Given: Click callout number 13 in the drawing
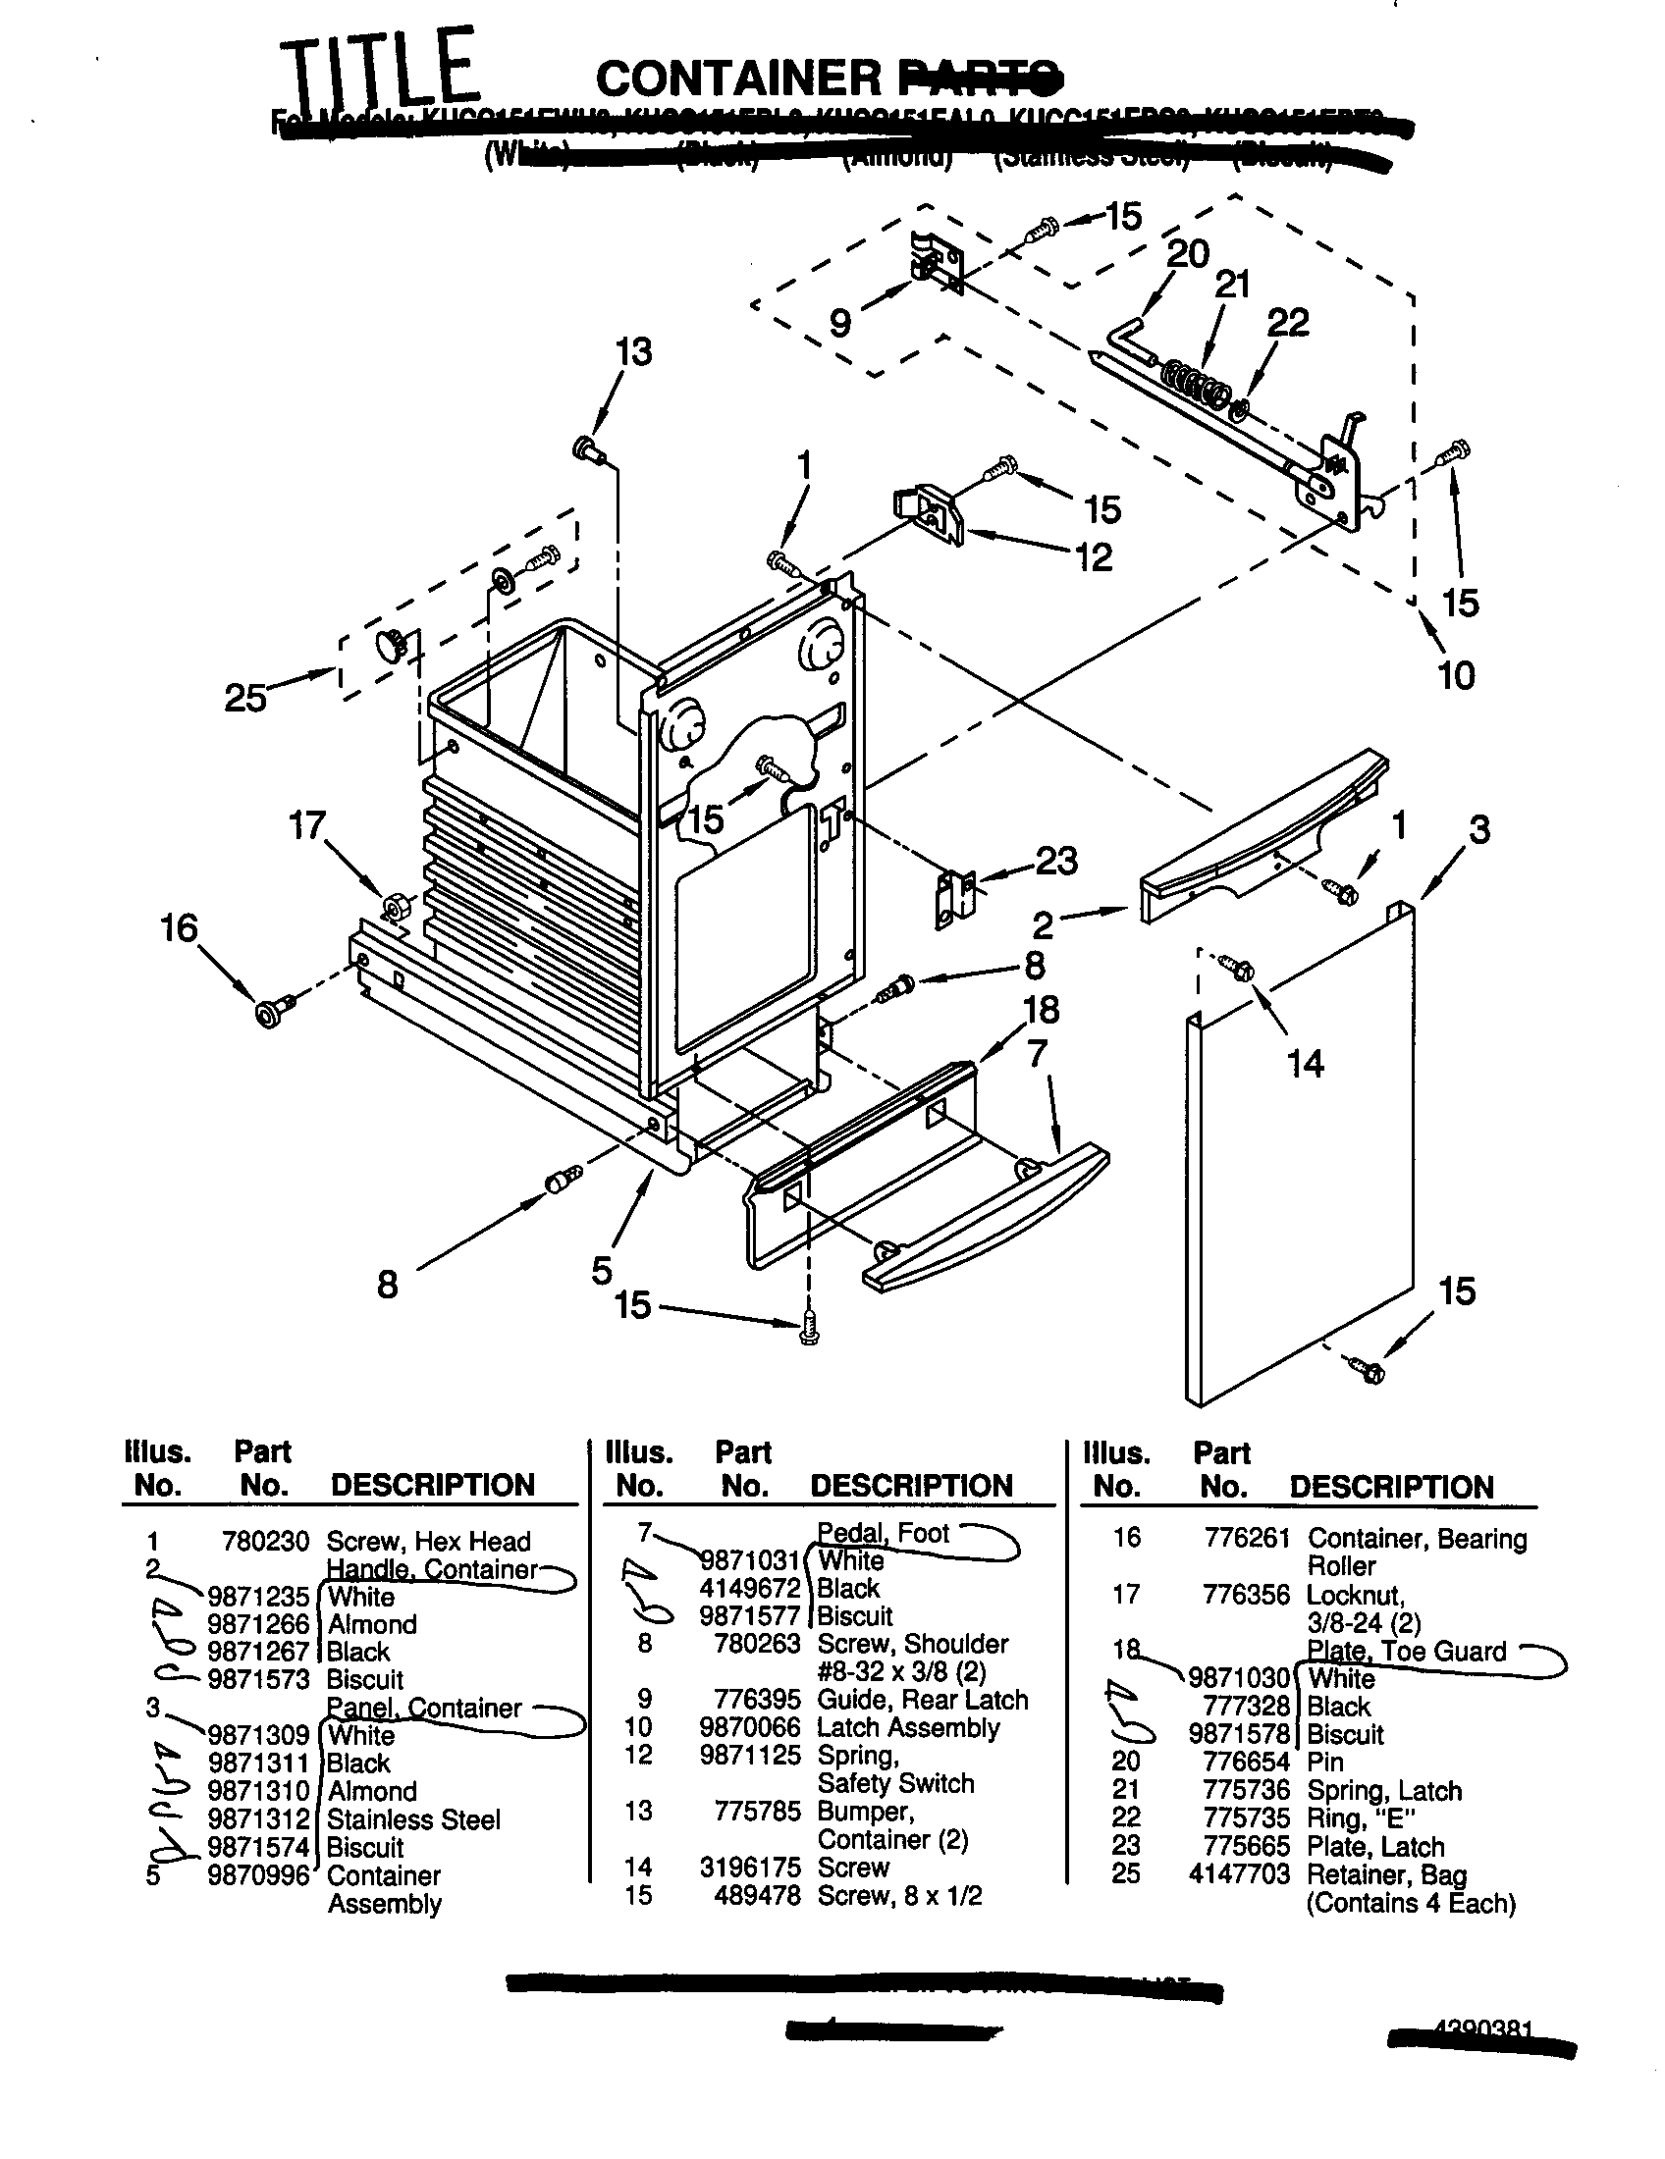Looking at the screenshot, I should (634, 352).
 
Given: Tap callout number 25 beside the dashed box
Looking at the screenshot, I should (245, 698).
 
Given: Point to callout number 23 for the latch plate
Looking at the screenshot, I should (1055, 861).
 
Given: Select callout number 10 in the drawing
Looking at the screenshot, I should (1455, 676).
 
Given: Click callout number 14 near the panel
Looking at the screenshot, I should (1304, 1064).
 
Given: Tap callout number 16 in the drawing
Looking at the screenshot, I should (180, 928).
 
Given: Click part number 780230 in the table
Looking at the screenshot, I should (265, 1541).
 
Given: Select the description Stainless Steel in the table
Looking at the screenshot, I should (413, 1819).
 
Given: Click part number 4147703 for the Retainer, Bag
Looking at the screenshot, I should (1239, 1874).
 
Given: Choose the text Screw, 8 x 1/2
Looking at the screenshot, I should (898, 1896).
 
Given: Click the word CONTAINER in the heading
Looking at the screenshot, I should (738, 79).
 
